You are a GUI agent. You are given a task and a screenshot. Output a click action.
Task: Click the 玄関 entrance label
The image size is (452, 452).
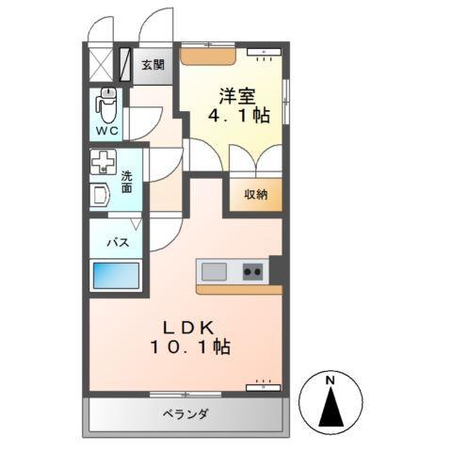click(x=153, y=65)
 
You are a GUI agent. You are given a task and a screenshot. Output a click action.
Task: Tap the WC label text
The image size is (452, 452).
click(x=105, y=131)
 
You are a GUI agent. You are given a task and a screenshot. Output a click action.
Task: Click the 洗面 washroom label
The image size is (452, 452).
click(x=126, y=182)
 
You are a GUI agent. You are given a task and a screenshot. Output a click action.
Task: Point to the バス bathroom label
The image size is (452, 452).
click(x=117, y=242)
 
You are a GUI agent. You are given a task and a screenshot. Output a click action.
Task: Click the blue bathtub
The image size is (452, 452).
click(x=116, y=277)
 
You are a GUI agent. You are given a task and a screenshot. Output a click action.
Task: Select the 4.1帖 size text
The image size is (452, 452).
click(x=239, y=117)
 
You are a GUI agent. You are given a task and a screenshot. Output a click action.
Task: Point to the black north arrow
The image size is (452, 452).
click(x=331, y=407)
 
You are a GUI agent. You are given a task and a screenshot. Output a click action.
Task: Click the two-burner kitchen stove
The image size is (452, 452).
click(x=252, y=272)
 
